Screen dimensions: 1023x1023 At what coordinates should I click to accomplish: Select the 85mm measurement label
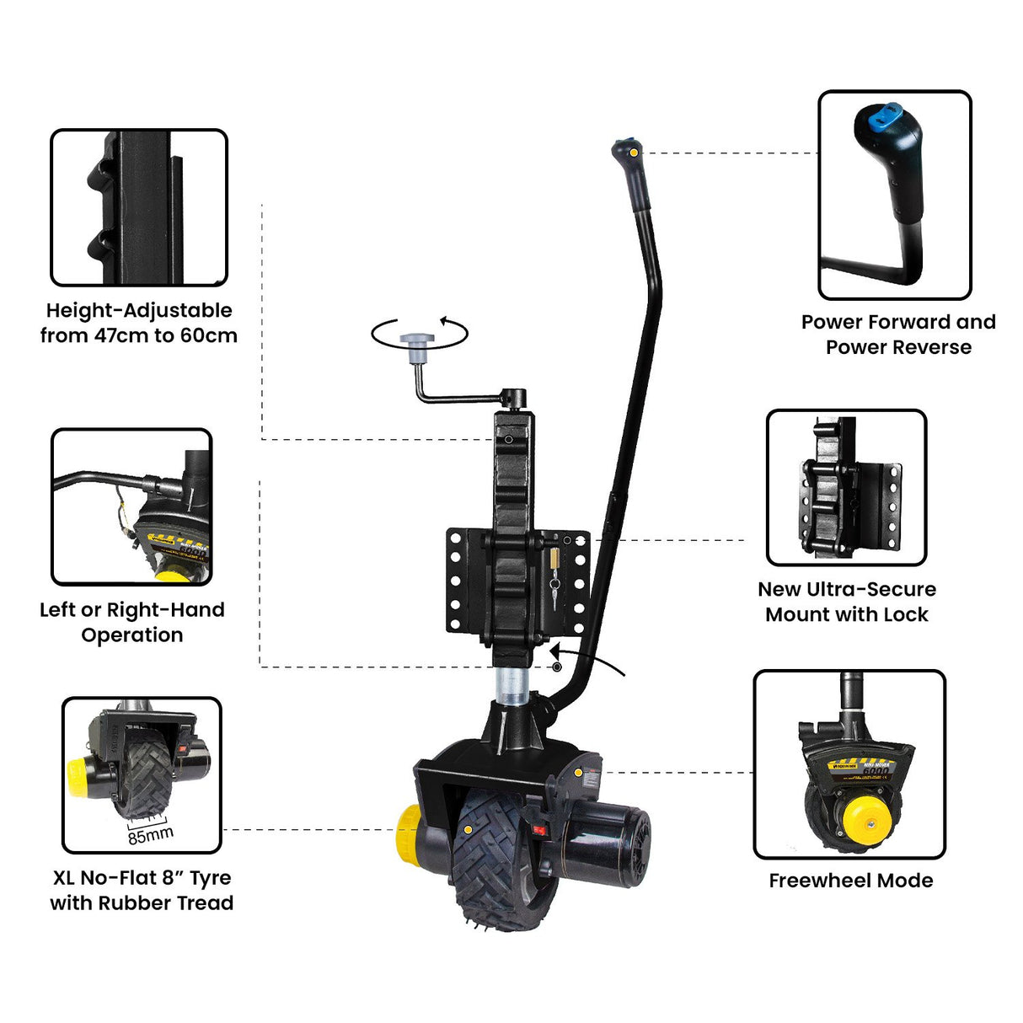[x=151, y=834]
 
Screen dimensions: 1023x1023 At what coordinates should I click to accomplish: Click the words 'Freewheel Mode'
[x=850, y=881]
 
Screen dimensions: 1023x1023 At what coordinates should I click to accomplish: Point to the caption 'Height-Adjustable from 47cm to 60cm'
[x=139, y=323]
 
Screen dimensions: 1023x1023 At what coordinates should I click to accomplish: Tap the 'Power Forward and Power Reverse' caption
[x=898, y=335]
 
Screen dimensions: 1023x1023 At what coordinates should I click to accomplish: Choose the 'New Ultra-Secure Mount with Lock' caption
[x=846, y=602]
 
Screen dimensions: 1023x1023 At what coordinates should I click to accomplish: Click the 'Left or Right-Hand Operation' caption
[x=132, y=622]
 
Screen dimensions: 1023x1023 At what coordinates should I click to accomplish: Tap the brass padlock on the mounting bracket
[x=554, y=560]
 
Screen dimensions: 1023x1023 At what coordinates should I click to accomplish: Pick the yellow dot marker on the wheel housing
[x=577, y=772]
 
